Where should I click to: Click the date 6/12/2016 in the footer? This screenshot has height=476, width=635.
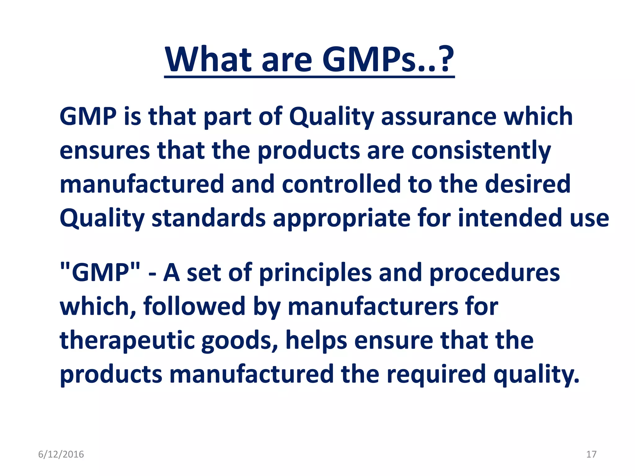(61, 454)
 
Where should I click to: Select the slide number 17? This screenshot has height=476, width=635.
(591, 454)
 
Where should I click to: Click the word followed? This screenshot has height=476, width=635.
(194, 306)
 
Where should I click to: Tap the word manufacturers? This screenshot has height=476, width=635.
(372, 306)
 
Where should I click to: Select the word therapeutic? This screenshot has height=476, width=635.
(127, 341)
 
